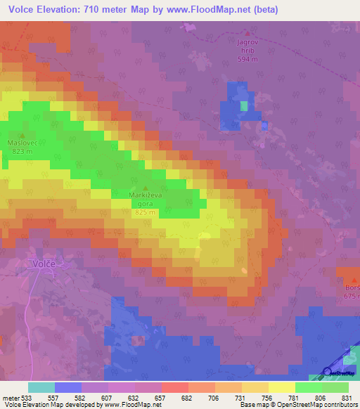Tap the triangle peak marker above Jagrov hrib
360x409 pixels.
[x=247, y=32]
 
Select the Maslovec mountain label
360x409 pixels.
[x=22, y=141]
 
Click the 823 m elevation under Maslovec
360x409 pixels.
[x=22, y=150]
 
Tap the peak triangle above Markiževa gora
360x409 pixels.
[x=146, y=188]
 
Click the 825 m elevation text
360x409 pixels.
[x=146, y=212]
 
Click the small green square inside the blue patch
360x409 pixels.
[x=244, y=105]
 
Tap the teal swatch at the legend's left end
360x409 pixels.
[x=41, y=387]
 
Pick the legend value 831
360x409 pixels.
[x=346, y=397]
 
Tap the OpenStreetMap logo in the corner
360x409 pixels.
[x=340, y=372]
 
